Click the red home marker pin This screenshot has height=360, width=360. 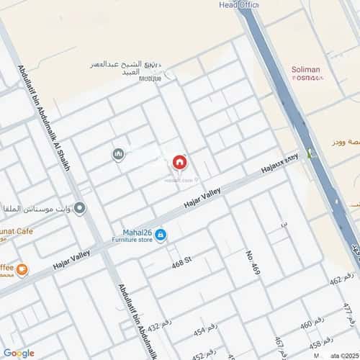click(x=179, y=162)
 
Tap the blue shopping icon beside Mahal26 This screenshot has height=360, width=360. click(x=160, y=235)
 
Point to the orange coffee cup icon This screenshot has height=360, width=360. click(x=22, y=269)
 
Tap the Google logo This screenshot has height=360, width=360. click(x=19, y=352)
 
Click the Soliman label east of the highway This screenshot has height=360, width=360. click(x=305, y=70)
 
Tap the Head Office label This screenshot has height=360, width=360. click(x=238, y=4)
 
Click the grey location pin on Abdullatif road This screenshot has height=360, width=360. click(x=80, y=209)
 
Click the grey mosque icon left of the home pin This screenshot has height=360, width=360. click(x=118, y=154)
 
